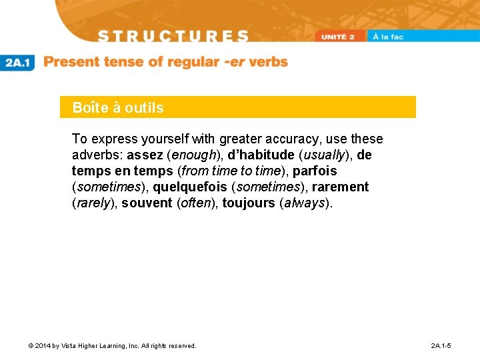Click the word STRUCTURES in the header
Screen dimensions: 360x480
pos(173,36)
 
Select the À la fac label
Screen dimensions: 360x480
pos(388,37)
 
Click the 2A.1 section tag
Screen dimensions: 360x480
pos(18,63)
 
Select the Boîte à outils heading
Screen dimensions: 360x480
pos(118,107)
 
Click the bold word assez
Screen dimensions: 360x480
pos(145,155)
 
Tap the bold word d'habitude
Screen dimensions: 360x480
pos(261,155)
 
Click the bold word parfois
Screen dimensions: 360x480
pos(315,171)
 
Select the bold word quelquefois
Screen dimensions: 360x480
pos(190,187)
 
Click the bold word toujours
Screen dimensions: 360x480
pos(248,203)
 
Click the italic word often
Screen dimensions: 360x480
pos(196,203)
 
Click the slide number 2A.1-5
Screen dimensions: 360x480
pos(441,346)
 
